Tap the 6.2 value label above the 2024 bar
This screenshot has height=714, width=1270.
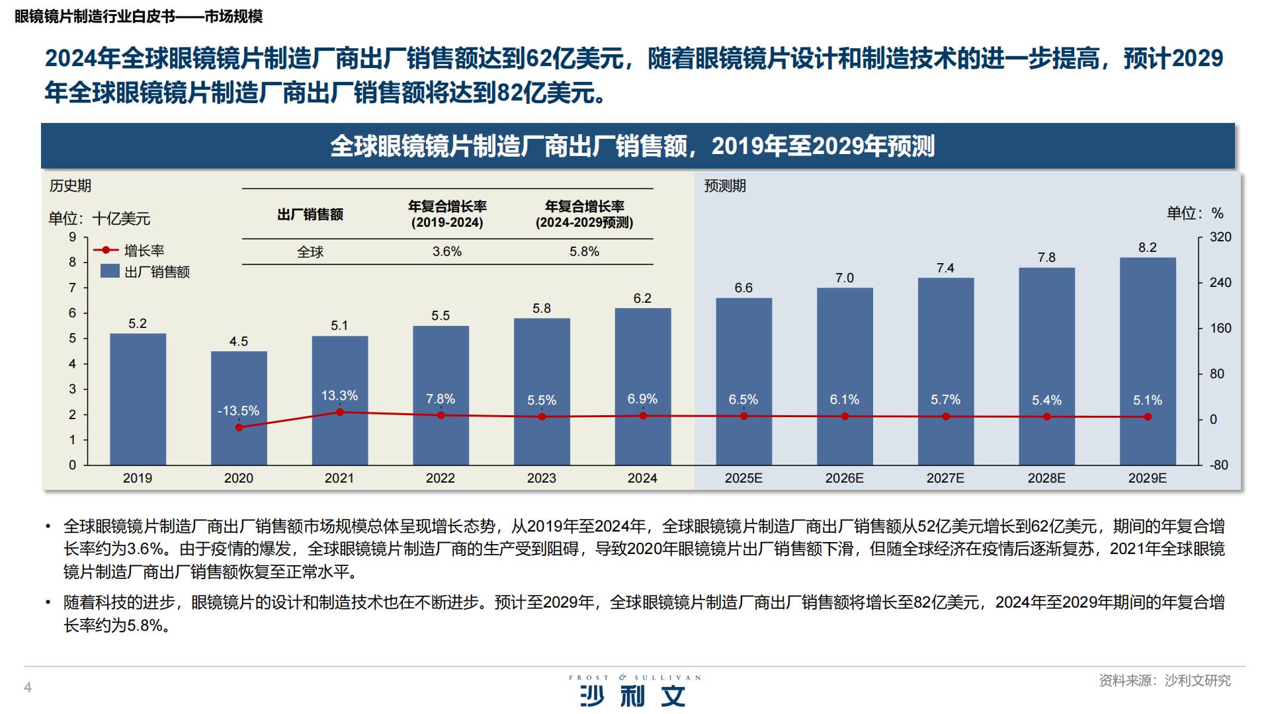pos(642,298)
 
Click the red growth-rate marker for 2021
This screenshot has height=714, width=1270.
pos(340,412)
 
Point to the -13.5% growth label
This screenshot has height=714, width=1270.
pos(238,411)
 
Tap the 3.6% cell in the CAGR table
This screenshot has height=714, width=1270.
pos(447,252)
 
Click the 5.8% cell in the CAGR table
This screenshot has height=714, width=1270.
pos(584,252)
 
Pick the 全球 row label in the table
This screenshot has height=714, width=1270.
pos(310,252)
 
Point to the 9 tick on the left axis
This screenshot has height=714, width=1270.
pos(73,237)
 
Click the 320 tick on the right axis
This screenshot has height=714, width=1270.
pos(1220,237)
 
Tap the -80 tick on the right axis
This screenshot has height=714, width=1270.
pos(1218,465)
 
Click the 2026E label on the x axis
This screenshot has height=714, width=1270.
pos(844,478)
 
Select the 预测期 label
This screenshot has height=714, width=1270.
pos(725,186)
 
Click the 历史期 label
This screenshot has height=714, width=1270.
pos(70,186)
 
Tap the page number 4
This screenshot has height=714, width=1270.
pos(28,688)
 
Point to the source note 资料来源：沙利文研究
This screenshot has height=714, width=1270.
pos(1164,680)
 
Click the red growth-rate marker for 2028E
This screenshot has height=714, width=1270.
pos(1046,416)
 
